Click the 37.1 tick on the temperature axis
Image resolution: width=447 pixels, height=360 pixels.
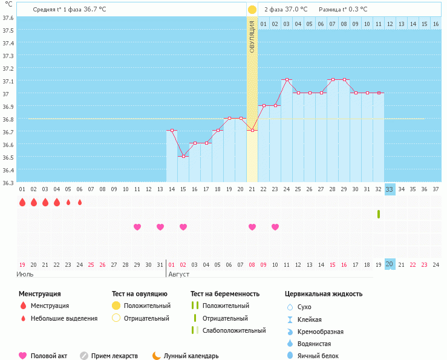(x=8, y=81)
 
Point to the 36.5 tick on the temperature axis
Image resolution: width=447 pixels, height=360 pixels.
(x=8, y=157)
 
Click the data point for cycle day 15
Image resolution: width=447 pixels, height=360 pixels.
(x=183, y=156)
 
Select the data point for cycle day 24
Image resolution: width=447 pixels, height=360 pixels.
(x=287, y=80)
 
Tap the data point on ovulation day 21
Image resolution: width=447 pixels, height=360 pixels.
(x=252, y=131)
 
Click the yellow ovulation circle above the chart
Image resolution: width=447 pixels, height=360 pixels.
(x=252, y=10)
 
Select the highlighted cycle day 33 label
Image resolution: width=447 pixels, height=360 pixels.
(x=390, y=189)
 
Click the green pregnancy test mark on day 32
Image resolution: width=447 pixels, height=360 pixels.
(x=379, y=214)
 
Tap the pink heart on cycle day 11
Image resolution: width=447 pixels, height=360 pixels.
(x=137, y=227)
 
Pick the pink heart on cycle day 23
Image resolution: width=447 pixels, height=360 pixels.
(x=275, y=227)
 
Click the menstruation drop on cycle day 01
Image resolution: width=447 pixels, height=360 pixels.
(x=22, y=202)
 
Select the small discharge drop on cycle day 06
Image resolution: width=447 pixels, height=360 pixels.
(x=80, y=202)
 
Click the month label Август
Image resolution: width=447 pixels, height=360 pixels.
(x=178, y=274)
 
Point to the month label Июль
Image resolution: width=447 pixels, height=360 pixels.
(x=25, y=274)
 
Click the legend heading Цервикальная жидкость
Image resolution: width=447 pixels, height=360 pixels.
(x=324, y=294)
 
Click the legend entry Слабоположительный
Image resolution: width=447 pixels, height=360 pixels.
(x=234, y=330)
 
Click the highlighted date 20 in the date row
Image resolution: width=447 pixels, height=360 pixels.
(x=390, y=264)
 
